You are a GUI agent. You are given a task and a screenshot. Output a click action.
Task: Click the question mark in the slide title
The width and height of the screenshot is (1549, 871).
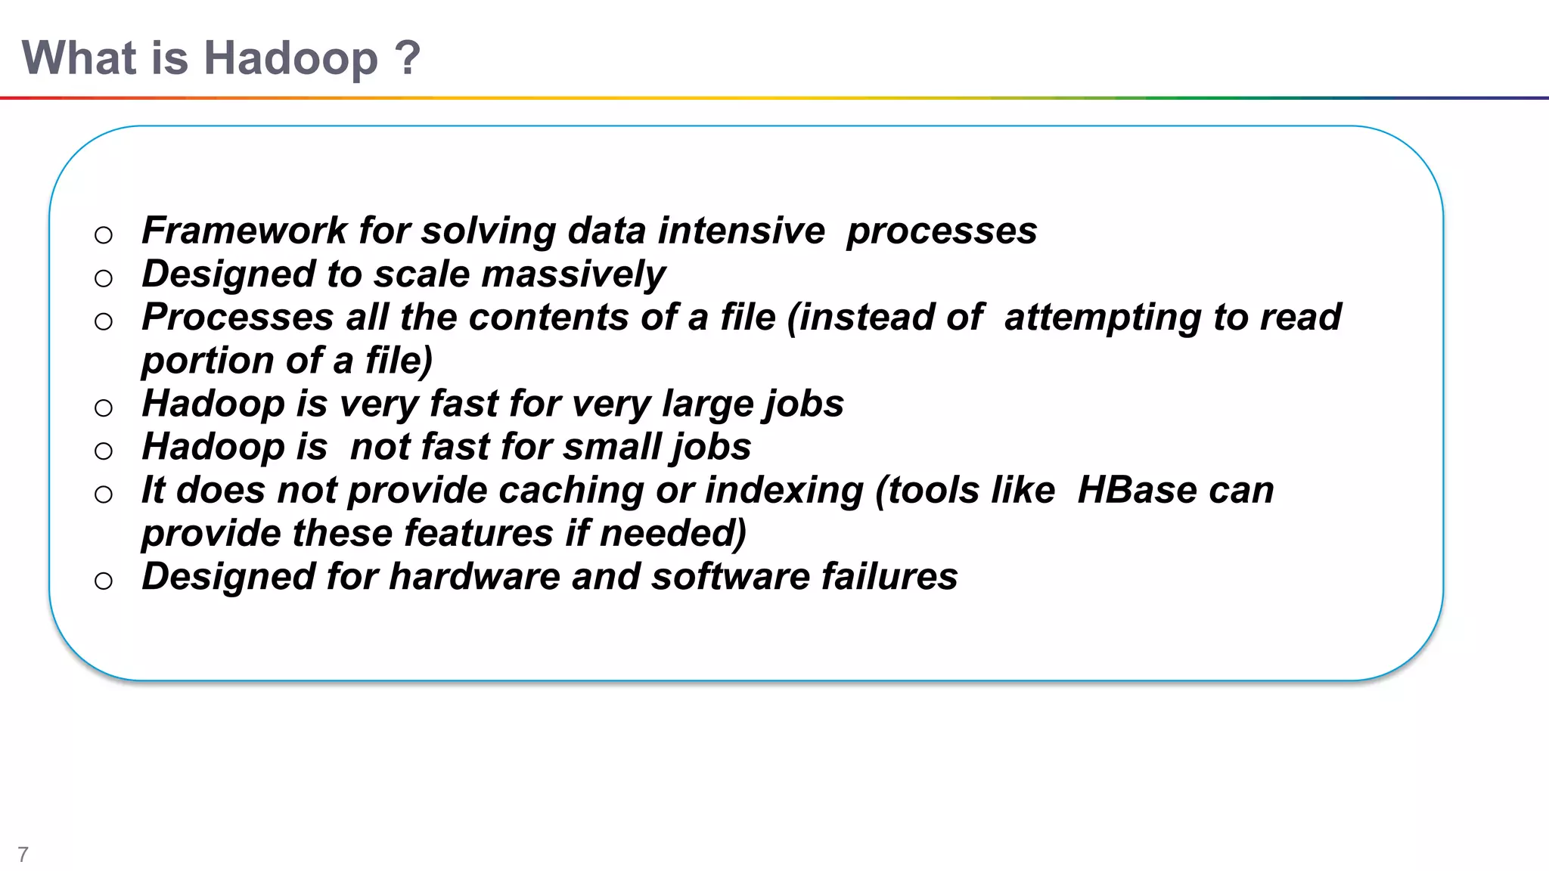pyautogui.click(x=407, y=58)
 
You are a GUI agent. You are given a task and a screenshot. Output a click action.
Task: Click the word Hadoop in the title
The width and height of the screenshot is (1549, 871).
pyautogui.click(x=290, y=58)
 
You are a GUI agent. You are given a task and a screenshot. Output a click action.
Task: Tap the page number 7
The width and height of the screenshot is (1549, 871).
pyautogui.click(x=23, y=854)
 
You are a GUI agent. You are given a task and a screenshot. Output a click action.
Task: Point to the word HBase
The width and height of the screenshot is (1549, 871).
pyautogui.click(x=1137, y=490)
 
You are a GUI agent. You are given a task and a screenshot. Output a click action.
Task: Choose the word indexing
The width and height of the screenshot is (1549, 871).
pyautogui.click(x=783, y=491)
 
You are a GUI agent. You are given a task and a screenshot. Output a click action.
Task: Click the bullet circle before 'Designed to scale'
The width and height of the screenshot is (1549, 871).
pyautogui.click(x=104, y=279)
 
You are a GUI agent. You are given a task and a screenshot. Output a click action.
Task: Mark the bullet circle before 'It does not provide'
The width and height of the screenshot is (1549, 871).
pyautogui.click(x=104, y=495)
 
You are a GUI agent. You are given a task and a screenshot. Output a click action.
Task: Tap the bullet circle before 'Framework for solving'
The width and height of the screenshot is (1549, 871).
pyautogui.click(x=104, y=235)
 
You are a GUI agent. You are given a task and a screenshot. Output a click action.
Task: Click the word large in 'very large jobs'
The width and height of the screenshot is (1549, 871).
pyautogui.click(x=706, y=405)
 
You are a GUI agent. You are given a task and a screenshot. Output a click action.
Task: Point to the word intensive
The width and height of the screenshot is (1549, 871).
pyautogui.click(x=740, y=231)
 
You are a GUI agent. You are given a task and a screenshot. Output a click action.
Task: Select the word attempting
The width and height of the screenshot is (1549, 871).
pyautogui.click(x=1102, y=318)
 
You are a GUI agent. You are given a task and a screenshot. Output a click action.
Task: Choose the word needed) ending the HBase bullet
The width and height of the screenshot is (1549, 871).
pyautogui.click(x=672, y=534)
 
